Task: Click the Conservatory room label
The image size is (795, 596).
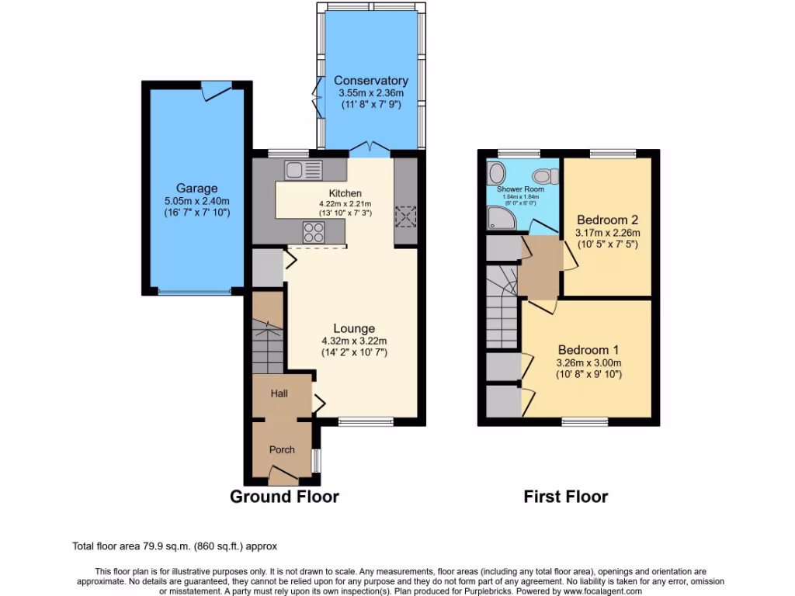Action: (370, 81)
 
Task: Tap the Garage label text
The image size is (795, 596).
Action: (196, 188)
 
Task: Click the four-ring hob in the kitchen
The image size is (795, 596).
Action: (314, 230)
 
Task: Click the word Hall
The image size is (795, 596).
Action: (279, 393)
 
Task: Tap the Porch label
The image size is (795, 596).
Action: (282, 449)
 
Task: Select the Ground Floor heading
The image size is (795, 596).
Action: (284, 497)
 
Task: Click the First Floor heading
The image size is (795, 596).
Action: (565, 497)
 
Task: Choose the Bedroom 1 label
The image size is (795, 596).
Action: (588, 350)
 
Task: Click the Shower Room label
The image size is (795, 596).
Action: (520, 189)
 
